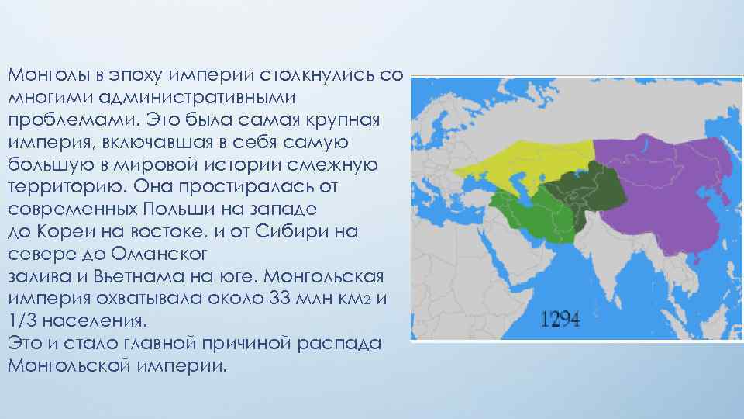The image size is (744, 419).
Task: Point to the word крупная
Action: click(x=342, y=120)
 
